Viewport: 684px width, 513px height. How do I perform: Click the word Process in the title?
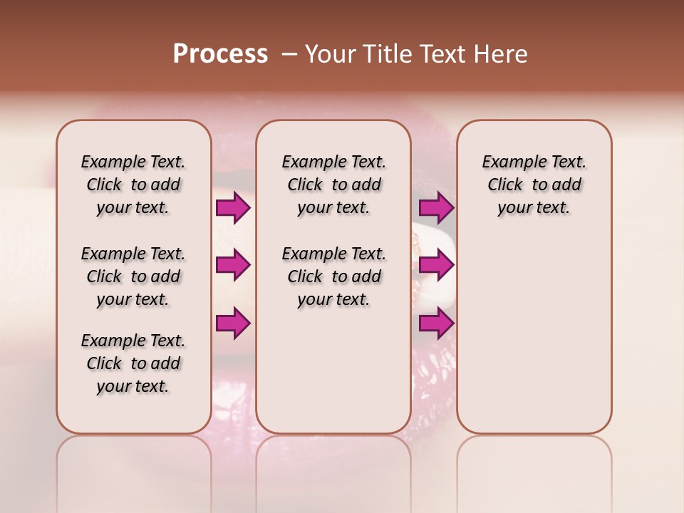220,54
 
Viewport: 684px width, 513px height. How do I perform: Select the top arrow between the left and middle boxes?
233,208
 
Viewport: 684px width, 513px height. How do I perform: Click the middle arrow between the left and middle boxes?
233,265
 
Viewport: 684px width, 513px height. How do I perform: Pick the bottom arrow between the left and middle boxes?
233,323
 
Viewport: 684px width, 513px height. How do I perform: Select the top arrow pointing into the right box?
436,208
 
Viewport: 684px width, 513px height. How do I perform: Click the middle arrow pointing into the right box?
436,265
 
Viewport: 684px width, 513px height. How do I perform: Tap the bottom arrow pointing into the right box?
436,323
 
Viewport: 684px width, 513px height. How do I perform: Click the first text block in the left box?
133,185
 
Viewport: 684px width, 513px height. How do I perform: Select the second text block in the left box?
133,276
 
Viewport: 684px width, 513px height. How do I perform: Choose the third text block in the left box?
133,363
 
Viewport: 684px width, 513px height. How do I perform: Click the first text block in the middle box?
333,185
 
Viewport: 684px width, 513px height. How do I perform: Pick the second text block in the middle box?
333,276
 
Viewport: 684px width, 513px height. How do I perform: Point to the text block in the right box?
534,185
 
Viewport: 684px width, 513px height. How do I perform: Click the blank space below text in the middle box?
333,370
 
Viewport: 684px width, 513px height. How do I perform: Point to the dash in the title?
289,54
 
